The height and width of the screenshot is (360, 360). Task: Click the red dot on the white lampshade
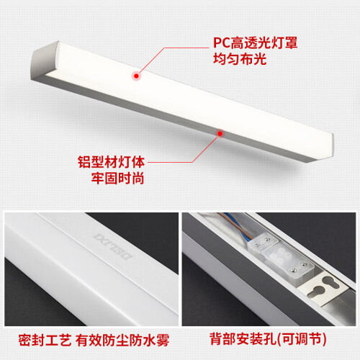click(x=136, y=76)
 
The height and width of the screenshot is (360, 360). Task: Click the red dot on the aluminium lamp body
click(x=220, y=133)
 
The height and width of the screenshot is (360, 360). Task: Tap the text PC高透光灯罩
click(x=256, y=43)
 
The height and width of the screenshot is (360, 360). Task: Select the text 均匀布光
click(x=240, y=59)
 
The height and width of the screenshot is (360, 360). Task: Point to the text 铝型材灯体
click(x=112, y=162)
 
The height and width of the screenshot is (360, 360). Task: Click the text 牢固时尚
click(x=117, y=178)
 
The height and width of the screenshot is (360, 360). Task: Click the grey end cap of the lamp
click(x=45, y=61)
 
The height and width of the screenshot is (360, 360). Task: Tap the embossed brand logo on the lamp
click(x=112, y=246)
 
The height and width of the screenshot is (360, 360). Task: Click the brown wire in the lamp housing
click(x=235, y=225)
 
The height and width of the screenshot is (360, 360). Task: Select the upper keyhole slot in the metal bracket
click(x=331, y=282)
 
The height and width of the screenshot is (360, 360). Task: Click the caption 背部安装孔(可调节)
click(x=268, y=339)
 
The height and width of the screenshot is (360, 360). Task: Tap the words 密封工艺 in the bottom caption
click(x=45, y=340)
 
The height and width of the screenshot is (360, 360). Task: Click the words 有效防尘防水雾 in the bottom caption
click(x=122, y=340)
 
